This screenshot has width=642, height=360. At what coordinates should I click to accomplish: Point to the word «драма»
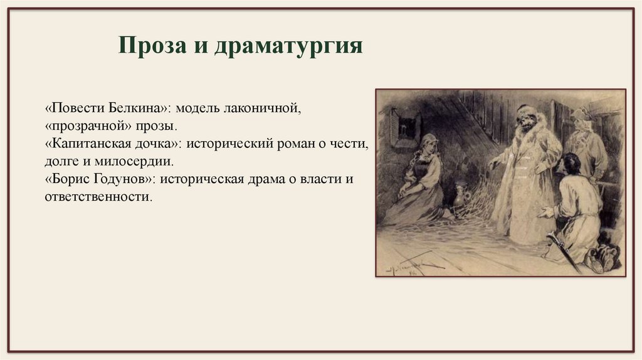(260, 179)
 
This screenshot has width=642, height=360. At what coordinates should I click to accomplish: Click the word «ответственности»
(97, 197)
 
